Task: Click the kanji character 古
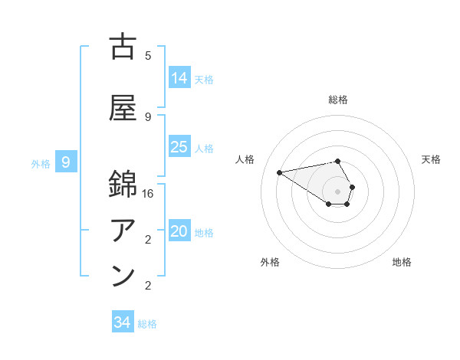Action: [x=123, y=47]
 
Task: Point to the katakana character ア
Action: [x=123, y=230]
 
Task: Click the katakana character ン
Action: [x=123, y=275]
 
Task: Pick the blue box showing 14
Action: [x=179, y=78]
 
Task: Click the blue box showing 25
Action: [x=179, y=147]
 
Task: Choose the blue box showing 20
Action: [x=179, y=231]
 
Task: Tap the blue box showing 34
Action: [x=123, y=322]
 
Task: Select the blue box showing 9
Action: [x=67, y=162]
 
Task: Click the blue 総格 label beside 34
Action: [x=148, y=324]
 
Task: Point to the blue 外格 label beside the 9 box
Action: [x=41, y=163]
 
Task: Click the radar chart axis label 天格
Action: [x=431, y=159]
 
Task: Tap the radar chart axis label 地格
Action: [x=402, y=262]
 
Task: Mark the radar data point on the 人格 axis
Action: [x=279, y=172]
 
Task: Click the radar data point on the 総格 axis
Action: [x=337, y=161]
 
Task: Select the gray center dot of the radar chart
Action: [x=337, y=191]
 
